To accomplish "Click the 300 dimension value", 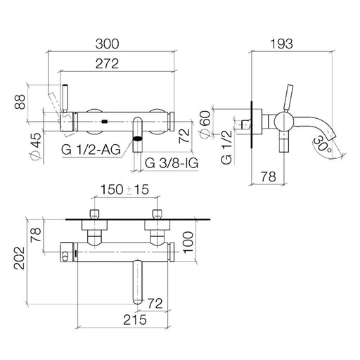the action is (107, 44).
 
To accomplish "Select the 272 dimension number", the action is (107, 64).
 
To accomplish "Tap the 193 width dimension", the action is (281, 44).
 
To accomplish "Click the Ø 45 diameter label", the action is (36, 146).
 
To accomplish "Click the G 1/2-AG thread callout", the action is (91, 149).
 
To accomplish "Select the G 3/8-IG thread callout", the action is (172, 163).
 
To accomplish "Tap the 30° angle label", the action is (322, 145).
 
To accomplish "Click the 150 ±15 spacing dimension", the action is (124, 189).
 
